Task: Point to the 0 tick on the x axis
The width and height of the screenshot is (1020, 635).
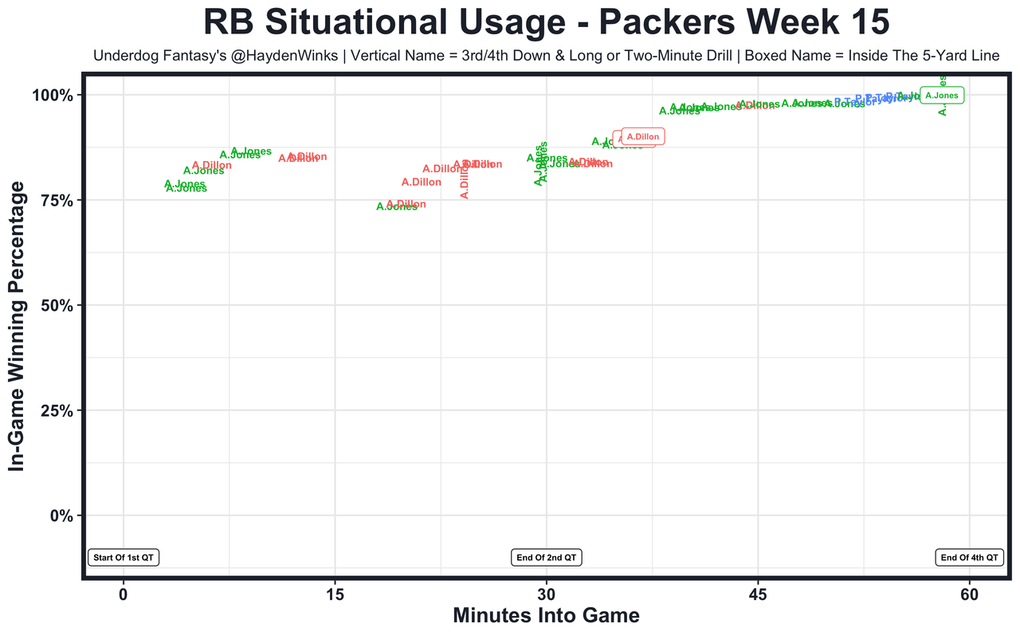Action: (x=124, y=596)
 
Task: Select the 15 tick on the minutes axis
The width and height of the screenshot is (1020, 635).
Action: (x=335, y=596)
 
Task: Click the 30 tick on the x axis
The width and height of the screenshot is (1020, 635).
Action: (x=546, y=596)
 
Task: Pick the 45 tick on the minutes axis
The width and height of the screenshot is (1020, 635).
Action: (x=758, y=596)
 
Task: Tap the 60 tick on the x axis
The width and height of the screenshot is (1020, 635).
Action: (x=969, y=596)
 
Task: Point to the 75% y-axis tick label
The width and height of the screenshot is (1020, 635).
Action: (x=59, y=201)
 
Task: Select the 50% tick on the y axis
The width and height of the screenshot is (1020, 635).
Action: (x=59, y=306)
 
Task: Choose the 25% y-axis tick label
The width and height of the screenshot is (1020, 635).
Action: (x=59, y=411)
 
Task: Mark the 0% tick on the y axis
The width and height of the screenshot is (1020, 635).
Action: (x=64, y=516)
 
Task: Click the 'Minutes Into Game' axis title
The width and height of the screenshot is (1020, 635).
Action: (x=546, y=616)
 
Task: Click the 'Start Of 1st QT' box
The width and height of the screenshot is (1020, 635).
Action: (x=124, y=558)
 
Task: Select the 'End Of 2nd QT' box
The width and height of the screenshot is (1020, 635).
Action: (x=546, y=558)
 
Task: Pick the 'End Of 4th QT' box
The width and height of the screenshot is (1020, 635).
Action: (x=969, y=558)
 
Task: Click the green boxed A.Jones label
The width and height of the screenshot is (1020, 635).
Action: (x=941, y=96)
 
